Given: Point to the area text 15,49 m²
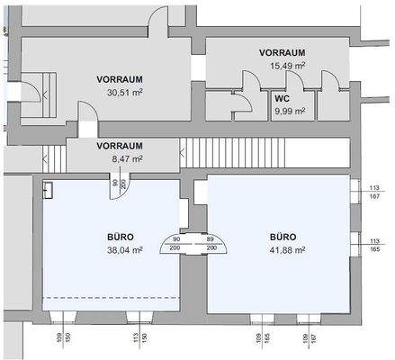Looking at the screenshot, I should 283,66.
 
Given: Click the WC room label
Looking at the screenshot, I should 281,98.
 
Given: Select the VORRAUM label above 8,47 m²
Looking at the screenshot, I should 120,145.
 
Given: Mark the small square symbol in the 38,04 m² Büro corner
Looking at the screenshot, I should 49,191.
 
